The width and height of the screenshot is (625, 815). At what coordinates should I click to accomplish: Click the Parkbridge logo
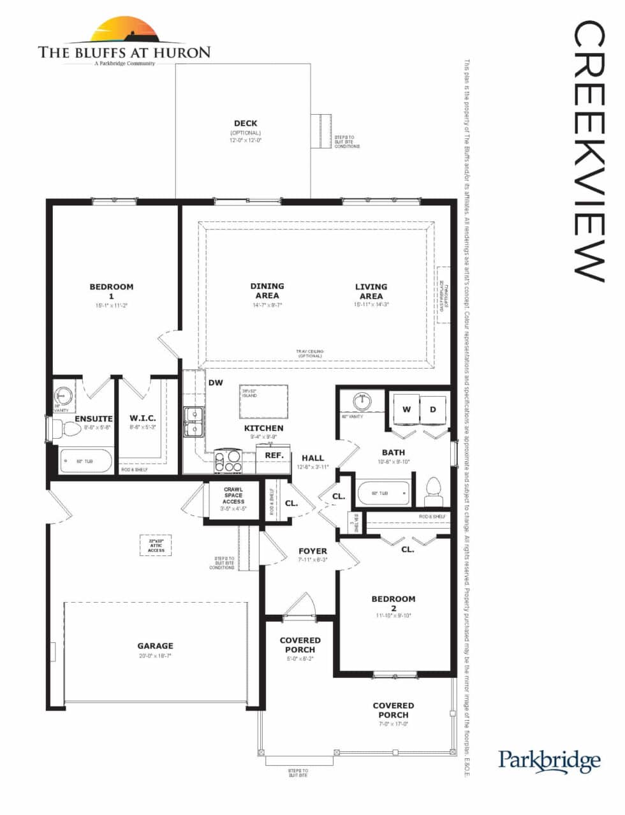tap(549, 760)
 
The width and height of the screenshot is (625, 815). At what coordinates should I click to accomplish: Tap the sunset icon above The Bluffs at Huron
tap(124, 30)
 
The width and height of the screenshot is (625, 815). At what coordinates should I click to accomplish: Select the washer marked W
tap(406, 409)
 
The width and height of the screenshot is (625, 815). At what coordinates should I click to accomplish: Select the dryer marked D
tap(432, 409)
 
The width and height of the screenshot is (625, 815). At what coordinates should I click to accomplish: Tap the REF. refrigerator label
tap(274, 455)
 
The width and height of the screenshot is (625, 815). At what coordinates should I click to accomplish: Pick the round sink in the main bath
tap(362, 401)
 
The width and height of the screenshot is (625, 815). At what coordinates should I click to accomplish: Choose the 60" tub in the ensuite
tap(85, 460)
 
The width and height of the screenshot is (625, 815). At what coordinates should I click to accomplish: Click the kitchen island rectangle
tap(263, 401)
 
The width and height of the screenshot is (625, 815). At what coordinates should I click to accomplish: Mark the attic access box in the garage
tap(156, 545)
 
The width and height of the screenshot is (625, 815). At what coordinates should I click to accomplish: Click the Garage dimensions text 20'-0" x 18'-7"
tap(155, 656)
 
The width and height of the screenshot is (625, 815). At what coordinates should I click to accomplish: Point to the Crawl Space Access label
tap(233, 496)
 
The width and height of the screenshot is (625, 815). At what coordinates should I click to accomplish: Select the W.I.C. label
tap(143, 418)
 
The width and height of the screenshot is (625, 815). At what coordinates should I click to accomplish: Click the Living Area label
tap(371, 291)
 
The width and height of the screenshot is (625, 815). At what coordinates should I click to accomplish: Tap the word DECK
tap(246, 123)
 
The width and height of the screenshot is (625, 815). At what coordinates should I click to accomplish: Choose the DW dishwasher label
tap(216, 383)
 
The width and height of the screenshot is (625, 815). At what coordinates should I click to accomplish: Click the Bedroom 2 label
tap(393, 603)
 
